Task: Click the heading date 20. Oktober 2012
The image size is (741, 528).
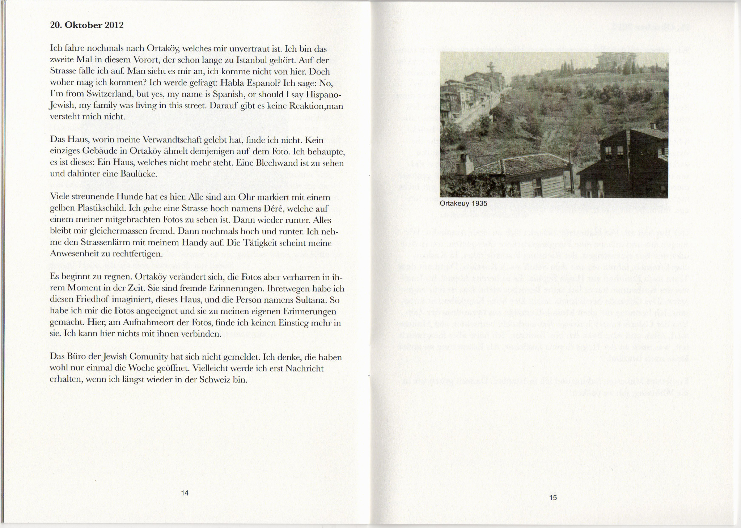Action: tap(87, 25)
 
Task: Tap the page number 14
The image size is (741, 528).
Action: tap(185, 493)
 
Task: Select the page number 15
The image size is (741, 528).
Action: tap(553, 498)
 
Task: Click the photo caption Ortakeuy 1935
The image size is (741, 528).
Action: tap(463, 203)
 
